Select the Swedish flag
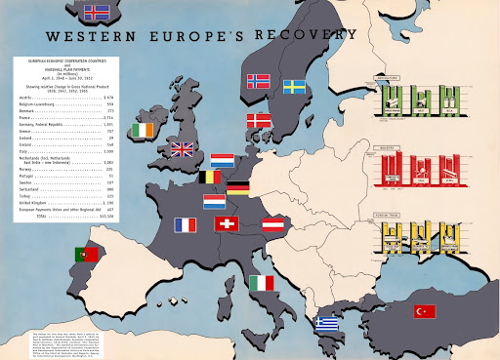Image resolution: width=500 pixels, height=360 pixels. [x=296, y=87]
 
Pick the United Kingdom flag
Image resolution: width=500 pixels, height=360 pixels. [x=183, y=149]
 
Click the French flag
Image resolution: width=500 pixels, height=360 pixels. [x=186, y=224]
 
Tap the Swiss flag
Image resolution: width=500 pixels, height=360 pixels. [x=227, y=224]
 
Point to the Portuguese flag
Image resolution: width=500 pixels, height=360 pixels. [x=86, y=255]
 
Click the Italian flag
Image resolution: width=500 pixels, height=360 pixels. [x=261, y=283]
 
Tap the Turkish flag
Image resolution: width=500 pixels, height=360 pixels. [x=423, y=311]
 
